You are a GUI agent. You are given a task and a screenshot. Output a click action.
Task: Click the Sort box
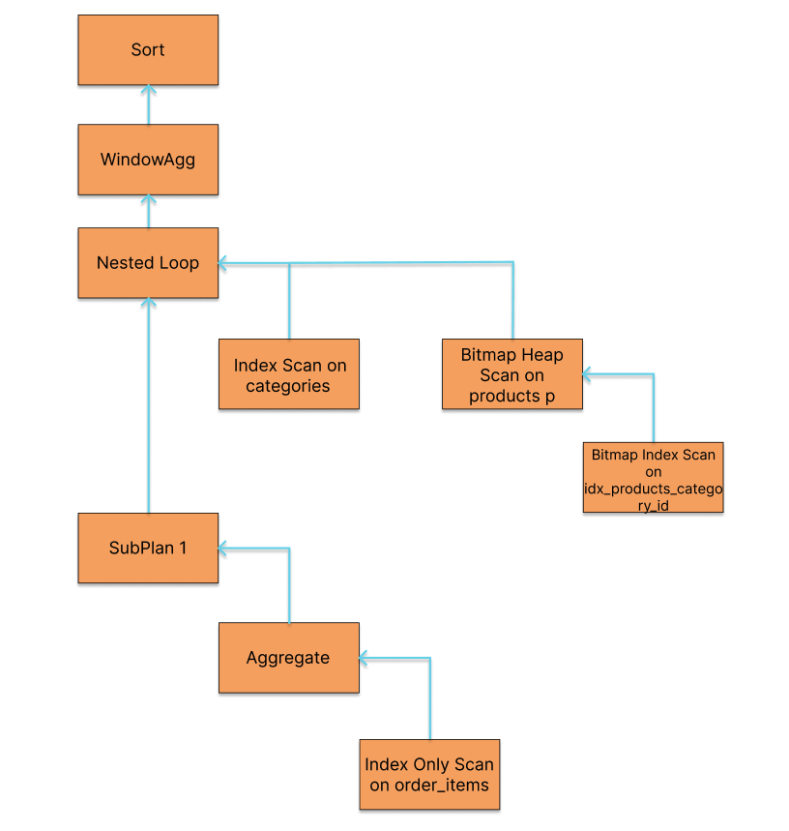(148, 49)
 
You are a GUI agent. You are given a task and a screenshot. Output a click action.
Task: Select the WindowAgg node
(148, 160)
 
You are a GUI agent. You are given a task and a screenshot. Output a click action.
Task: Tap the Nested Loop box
(148, 263)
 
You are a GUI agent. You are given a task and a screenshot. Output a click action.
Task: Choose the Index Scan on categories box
(289, 374)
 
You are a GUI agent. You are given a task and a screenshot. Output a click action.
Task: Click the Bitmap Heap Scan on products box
(512, 374)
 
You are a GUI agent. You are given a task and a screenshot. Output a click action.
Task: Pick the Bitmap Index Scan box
(653, 478)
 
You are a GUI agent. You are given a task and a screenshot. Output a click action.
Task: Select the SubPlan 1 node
(148, 548)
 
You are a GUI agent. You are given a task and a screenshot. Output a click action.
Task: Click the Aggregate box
(288, 658)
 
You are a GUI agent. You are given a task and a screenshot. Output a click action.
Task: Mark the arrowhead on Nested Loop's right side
(223, 263)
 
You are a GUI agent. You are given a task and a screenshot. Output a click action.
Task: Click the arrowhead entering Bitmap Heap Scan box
(588, 373)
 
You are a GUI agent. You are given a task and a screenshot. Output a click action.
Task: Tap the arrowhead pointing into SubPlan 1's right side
(223, 549)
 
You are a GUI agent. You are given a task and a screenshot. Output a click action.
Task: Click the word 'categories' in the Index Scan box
(287, 386)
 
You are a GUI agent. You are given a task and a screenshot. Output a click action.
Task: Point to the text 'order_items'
(442, 785)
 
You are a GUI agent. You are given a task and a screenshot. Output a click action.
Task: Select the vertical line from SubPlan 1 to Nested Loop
(148, 406)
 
